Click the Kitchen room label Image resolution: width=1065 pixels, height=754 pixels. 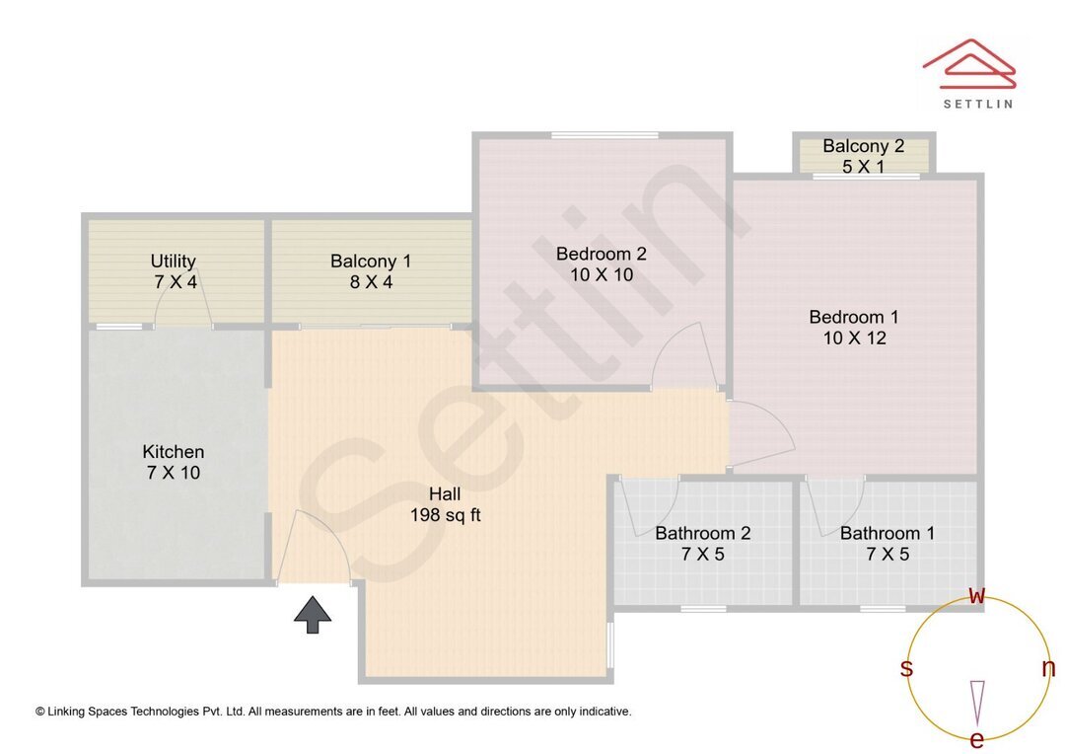[174, 462]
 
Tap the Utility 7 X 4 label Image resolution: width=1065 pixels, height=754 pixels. [174, 271]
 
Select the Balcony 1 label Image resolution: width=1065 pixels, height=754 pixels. [371, 271]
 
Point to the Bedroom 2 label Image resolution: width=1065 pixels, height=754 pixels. [602, 264]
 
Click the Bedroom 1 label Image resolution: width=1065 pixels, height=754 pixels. [854, 328]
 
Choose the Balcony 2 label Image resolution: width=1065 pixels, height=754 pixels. [864, 156]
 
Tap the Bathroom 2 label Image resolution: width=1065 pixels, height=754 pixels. [703, 544]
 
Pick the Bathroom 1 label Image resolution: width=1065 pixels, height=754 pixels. [887, 544]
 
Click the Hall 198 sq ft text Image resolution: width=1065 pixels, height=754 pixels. [445, 504]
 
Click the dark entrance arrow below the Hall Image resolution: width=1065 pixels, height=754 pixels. [313, 614]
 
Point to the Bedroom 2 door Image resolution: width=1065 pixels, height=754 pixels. [686, 355]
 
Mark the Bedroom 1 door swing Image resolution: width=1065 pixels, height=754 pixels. [759, 430]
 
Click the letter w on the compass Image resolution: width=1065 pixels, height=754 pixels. [977, 595]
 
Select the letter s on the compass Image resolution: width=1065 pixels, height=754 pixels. [906, 668]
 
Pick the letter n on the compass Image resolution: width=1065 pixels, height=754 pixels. [1048, 668]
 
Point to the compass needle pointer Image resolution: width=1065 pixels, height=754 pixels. [977, 702]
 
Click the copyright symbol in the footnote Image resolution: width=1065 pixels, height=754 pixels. [40, 711]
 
